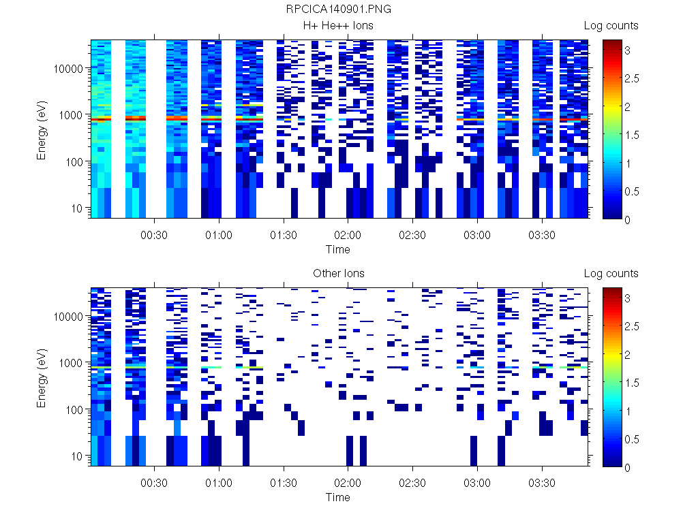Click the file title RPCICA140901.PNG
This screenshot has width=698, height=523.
point(338,10)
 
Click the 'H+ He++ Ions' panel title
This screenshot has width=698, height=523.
point(338,26)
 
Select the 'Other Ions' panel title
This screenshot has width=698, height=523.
point(338,274)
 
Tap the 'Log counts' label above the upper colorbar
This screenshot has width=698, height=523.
point(611,26)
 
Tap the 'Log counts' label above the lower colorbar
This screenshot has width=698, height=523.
point(611,274)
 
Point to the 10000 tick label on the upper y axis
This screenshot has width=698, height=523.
point(68,69)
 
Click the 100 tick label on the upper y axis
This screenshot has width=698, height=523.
point(74,162)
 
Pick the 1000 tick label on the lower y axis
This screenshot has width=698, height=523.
point(71,363)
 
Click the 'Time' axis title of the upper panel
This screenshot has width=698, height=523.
point(338,249)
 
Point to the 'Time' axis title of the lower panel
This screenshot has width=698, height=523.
point(338,497)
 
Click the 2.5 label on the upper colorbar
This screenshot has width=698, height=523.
point(636,78)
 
